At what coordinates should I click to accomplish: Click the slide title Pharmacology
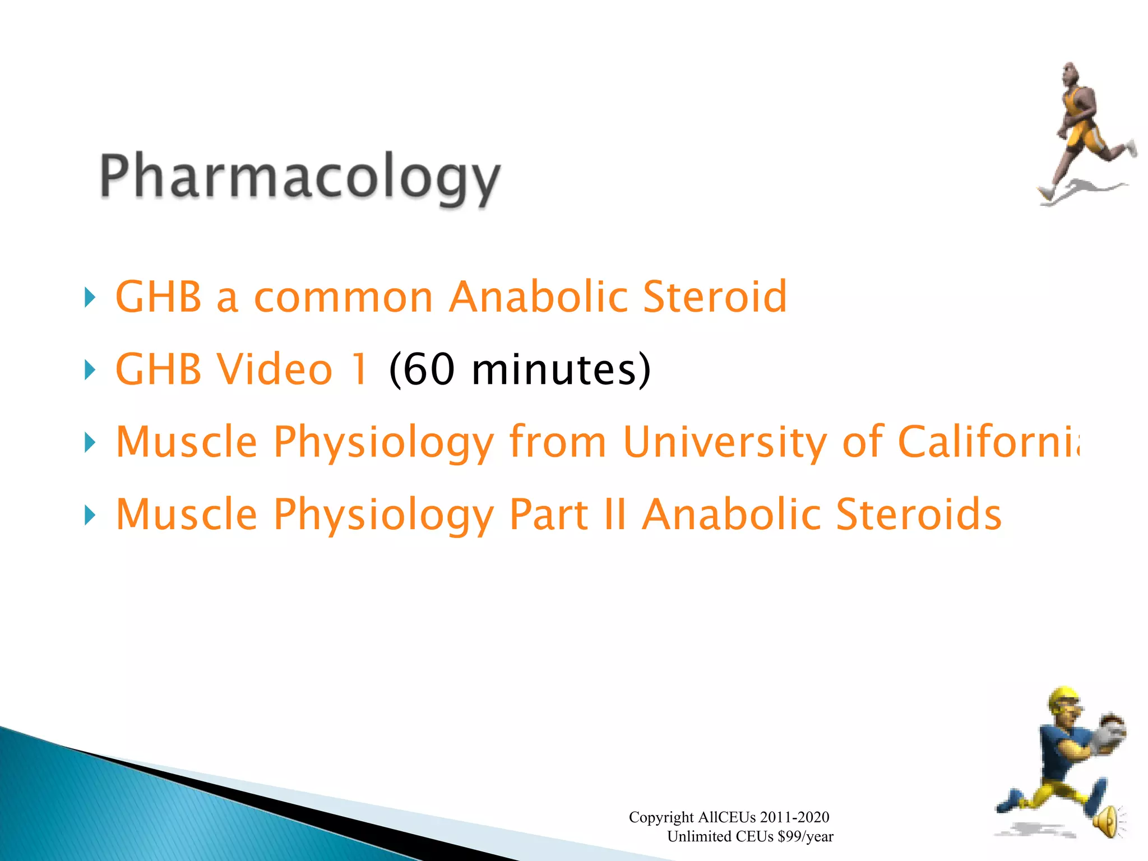pos(300,177)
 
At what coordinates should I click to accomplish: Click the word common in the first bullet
pos(343,297)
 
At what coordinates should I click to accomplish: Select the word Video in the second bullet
pos(275,369)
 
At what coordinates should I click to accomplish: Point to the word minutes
pos(552,369)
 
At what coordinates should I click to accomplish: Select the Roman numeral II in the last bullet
pos(615,514)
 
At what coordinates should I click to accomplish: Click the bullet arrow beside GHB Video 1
pos(90,370)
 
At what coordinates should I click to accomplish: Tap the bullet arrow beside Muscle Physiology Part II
pos(90,515)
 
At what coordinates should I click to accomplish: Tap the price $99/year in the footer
pos(806,837)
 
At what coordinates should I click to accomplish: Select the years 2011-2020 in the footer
pos(794,817)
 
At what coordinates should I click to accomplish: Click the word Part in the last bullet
pos(548,514)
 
